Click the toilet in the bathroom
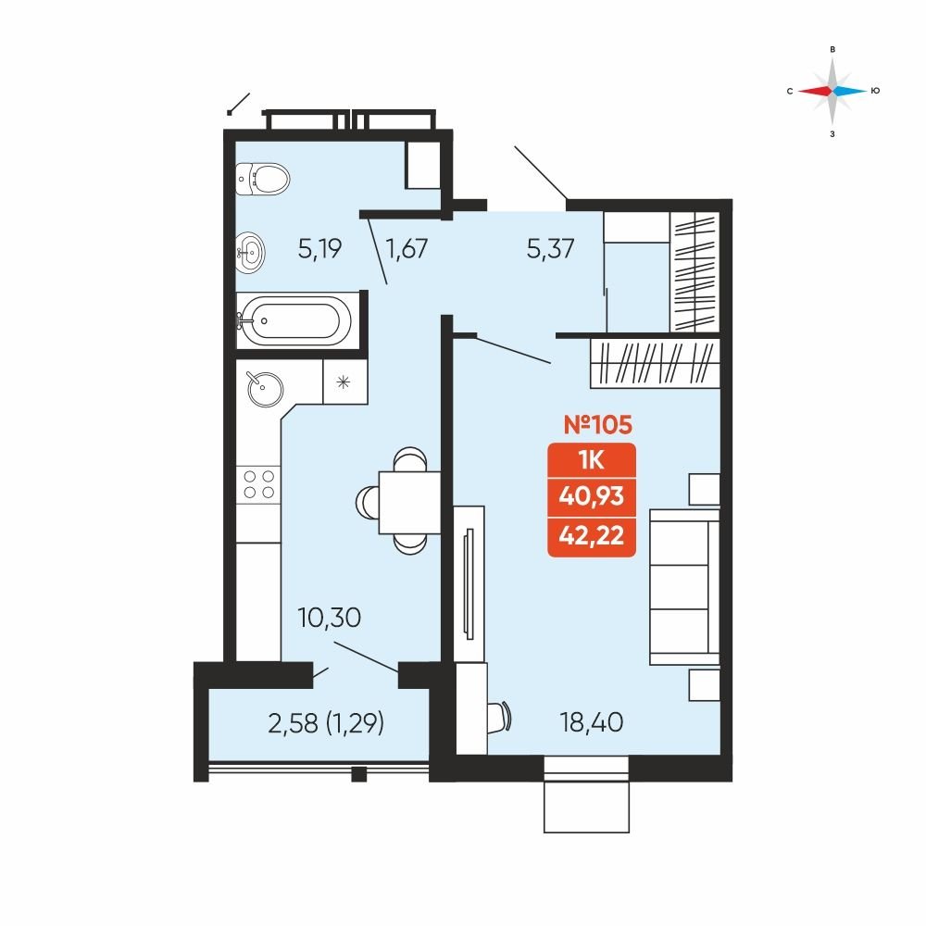coord(263,179)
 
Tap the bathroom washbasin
coord(250,253)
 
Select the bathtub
coord(294,320)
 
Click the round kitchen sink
coord(265,389)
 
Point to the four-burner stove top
coord(258,485)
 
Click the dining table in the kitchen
coord(409,502)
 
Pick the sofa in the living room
coord(684,588)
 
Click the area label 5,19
coord(319,249)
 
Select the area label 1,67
coord(407,248)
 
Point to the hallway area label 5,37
coord(550,248)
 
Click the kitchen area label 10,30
coord(330,618)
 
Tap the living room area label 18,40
coord(592,722)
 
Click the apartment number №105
coord(597,425)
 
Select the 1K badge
coord(592,460)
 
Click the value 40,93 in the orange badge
coord(591,496)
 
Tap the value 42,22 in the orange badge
coord(591,535)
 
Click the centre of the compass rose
coord(832,91)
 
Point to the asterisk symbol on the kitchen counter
coord(344,382)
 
